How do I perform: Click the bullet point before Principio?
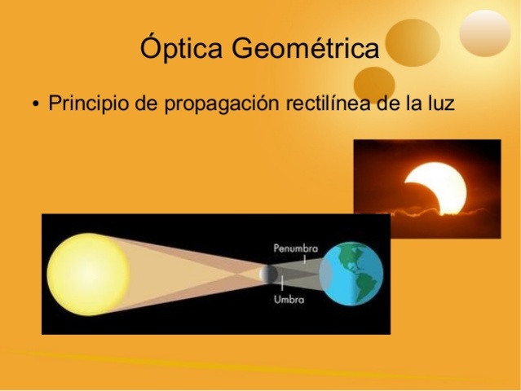click(x=35, y=106)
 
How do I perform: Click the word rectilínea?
click(x=329, y=105)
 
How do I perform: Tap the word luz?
click(x=439, y=105)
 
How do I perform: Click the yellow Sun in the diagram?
click(x=88, y=274)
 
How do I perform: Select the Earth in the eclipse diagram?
click(x=351, y=273)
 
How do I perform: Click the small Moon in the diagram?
click(x=267, y=274)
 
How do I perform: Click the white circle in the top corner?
click(x=485, y=32)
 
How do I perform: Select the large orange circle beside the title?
click(x=413, y=42)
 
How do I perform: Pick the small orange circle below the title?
click(x=374, y=82)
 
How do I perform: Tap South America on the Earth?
click(x=364, y=285)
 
